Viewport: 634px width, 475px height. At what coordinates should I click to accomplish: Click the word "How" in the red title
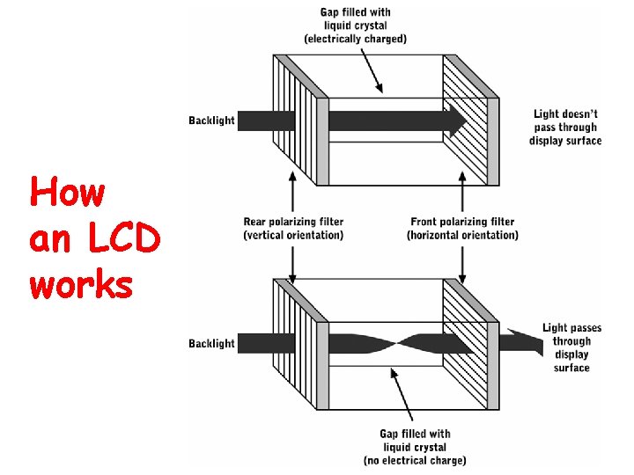click(66, 192)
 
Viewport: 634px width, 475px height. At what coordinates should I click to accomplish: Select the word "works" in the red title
click(81, 284)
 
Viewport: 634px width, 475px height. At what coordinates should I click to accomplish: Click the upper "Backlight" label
click(211, 121)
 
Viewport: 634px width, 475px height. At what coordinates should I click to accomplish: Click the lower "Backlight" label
click(211, 343)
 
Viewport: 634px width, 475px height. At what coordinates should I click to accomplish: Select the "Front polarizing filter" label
click(462, 228)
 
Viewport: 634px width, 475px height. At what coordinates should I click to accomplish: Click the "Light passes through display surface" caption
click(571, 347)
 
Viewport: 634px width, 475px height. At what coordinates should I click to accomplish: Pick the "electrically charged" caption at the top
click(355, 38)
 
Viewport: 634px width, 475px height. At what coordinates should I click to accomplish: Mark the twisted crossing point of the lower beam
click(391, 342)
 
